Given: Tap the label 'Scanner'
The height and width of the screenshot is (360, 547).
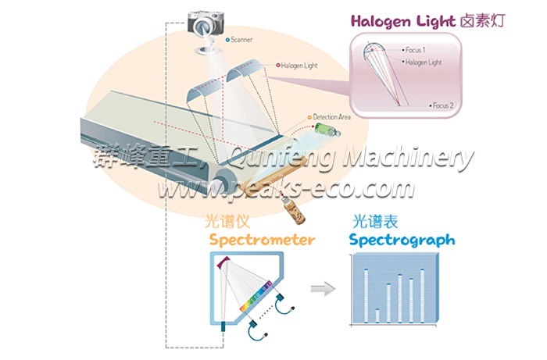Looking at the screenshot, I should pos(242,38).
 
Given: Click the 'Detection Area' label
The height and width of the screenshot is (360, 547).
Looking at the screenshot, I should pos(332,116).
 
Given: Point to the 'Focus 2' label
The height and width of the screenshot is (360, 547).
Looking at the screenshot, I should pos(442,105).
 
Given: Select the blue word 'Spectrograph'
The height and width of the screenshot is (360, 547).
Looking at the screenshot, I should pos(402,240).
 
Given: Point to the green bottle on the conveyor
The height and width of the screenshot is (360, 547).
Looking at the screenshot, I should pos(322,127).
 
